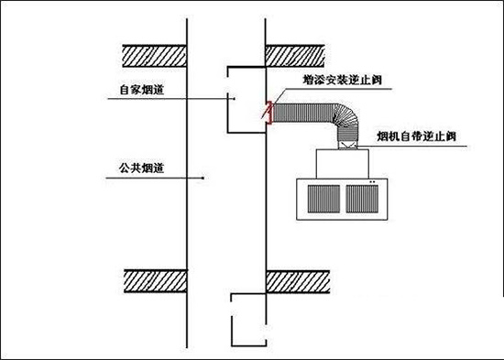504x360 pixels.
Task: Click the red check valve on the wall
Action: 269,111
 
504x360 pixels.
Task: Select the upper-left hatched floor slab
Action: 156,53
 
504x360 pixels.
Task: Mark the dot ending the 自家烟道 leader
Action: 236,97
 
